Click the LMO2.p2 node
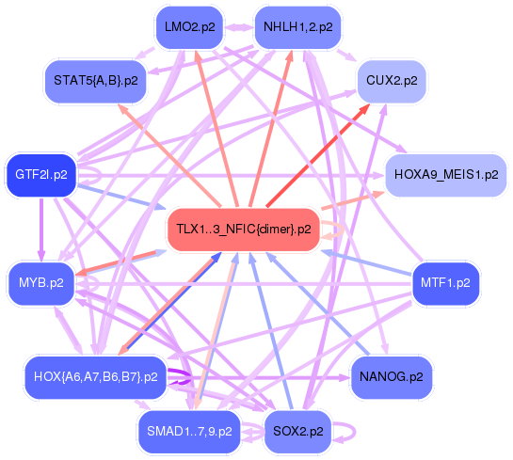(190, 27)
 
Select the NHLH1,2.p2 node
(298, 27)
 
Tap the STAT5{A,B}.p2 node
(95, 82)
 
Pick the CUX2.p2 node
(392, 82)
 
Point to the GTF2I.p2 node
(41, 175)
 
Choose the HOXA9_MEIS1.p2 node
(446, 175)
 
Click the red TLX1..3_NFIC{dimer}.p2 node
(244, 230)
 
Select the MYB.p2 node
(41, 283)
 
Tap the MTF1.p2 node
(445, 283)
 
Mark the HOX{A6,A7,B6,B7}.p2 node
(95, 377)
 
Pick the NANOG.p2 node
(392, 377)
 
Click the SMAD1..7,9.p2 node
(190, 432)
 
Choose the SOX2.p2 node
(298, 432)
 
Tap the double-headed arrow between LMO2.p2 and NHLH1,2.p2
(239, 27)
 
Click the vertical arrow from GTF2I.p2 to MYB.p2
(41, 230)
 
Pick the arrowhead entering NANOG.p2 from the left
(345, 378)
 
